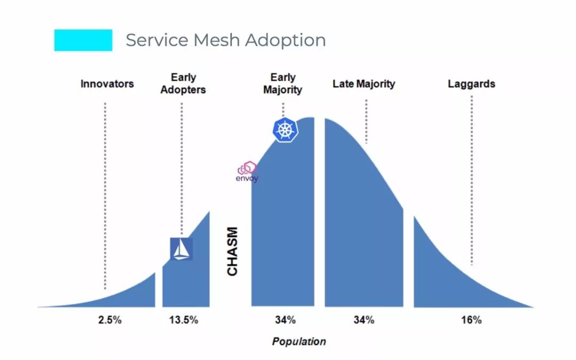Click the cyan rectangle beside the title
point(83,40)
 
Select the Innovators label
point(107,84)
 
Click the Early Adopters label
point(183,84)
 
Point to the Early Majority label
point(283,84)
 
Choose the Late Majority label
point(364,84)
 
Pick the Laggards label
point(471,84)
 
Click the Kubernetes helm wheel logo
point(285,130)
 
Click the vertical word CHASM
point(233,252)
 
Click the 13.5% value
point(183,320)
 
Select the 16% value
point(471,320)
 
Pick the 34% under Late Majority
point(363,320)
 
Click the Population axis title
point(299,341)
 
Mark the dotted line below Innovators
point(105,192)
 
